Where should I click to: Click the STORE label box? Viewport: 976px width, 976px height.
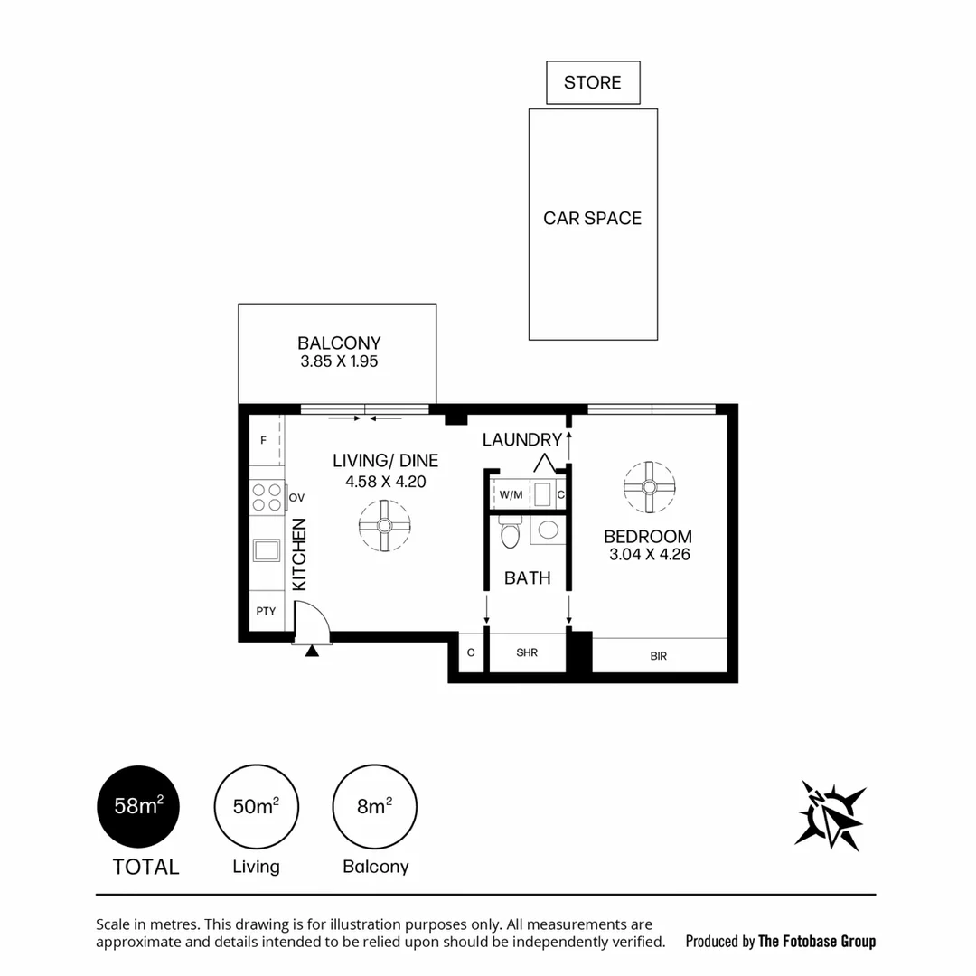tap(593, 83)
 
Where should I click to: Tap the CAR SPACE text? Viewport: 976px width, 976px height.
tap(592, 219)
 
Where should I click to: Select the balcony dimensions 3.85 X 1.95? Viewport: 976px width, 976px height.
tap(338, 361)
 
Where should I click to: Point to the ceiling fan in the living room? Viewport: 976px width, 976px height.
tap(384, 526)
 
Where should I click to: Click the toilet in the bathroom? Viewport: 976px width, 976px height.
tap(509, 533)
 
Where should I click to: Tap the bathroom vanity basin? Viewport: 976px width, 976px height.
tap(547, 530)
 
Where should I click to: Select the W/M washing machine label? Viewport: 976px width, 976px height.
tap(511, 495)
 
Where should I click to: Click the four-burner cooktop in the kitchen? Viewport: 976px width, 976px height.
tap(267, 497)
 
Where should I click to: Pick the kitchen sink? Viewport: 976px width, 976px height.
tap(267, 550)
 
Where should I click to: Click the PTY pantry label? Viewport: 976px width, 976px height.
tap(266, 612)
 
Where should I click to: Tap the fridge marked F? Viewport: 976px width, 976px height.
tap(264, 441)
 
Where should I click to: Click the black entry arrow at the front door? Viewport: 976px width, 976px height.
tap(312, 650)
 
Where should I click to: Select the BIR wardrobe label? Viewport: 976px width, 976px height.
tap(658, 656)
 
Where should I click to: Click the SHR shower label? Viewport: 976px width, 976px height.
tap(527, 652)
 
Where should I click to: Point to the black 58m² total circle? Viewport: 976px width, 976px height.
tap(138, 806)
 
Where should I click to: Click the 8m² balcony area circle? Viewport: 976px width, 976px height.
tap(374, 806)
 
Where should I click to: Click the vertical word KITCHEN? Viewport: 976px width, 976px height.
tap(300, 554)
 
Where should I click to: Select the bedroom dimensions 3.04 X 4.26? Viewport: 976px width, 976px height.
tap(649, 555)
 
